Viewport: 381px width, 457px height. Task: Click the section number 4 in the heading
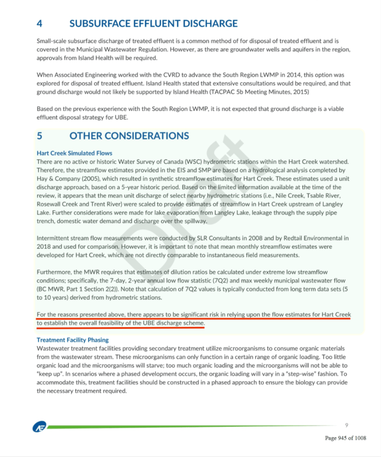[x=39, y=24]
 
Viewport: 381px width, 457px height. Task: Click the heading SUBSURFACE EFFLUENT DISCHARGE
[x=153, y=24]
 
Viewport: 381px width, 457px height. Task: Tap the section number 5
[x=39, y=136]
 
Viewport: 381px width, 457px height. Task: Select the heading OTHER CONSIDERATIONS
[x=129, y=136]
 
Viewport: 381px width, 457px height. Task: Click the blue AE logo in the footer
[x=38, y=428]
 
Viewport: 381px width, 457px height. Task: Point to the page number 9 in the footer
[x=346, y=424]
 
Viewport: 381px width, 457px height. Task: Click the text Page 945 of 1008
[x=345, y=438]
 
